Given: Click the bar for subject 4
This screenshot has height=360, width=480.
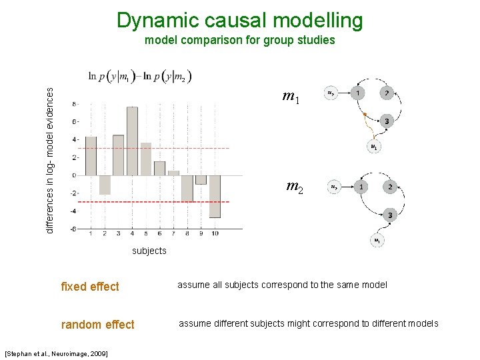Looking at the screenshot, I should pyautogui.click(x=132, y=141).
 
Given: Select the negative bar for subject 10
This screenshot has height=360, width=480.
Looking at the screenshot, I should pyautogui.click(x=214, y=196).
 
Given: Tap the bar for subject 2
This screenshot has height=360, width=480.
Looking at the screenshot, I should pyautogui.click(x=105, y=185).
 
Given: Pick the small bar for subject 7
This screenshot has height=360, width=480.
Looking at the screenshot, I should pyautogui.click(x=173, y=173).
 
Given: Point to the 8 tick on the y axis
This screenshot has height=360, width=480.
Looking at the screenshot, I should pyautogui.click(x=74, y=104).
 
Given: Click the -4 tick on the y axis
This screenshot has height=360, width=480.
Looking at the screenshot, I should pyautogui.click(x=73, y=211).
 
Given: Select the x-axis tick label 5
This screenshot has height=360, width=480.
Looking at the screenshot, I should pyautogui.click(x=146, y=234).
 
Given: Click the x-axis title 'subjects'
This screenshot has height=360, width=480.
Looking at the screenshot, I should pyautogui.click(x=149, y=251).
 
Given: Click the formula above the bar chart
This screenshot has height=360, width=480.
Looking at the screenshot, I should pyautogui.click(x=140, y=77).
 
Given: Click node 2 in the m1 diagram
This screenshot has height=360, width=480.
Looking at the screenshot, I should pyautogui.click(x=387, y=93).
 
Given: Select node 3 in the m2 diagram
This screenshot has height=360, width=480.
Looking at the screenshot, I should pyautogui.click(x=390, y=215).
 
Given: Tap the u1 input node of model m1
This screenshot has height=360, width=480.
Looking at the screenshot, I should pyautogui.click(x=374, y=147).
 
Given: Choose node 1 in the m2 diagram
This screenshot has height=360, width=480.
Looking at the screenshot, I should pyautogui.click(x=361, y=187).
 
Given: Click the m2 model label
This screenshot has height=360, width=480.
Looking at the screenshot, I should pyautogui.click(x=295, y=187).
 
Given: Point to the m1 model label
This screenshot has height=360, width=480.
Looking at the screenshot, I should pyautogui.click(x=291, y=98).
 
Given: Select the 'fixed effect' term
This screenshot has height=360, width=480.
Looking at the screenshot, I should pyautogui.click(x=89, y=287).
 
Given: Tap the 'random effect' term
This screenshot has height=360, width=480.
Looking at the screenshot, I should pyautogui.click(x=97, y=325).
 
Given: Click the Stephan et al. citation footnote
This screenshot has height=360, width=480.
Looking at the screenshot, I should pyautogui.click(x=56, y=352).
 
